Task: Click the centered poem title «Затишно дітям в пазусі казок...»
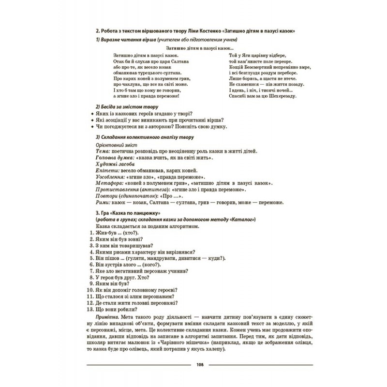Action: pyautogui.click(x=200, y=48)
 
